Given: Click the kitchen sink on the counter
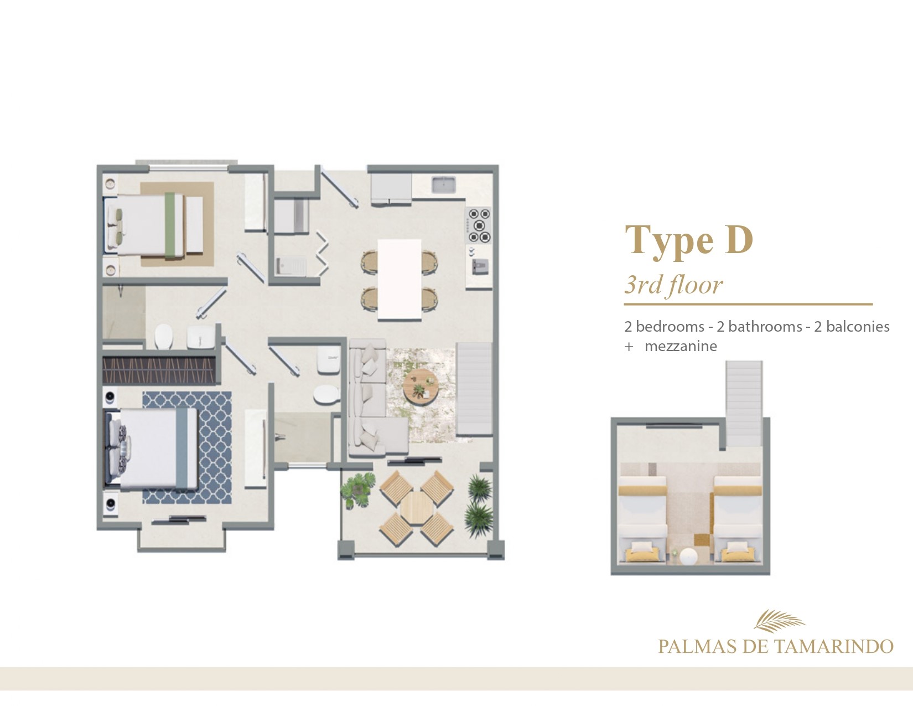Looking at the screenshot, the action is pyautogui.click(x=444, y=184).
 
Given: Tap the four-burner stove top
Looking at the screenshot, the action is pyautogui.click(x=479, y=226).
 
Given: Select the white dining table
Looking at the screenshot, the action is pyautogui.click(x=399, y=280).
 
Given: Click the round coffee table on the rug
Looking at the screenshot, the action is pyautogui.click(x=421, y=387).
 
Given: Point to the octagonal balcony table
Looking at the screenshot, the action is pyautogui.click(x=416, y=508).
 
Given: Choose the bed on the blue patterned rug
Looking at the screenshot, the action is pyautogui.click(x=151, y=448).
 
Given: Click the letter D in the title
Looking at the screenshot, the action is pyautogui.click(x=738, y=239).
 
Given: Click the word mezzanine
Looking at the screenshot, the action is pyautogui.click(x=681, y=347).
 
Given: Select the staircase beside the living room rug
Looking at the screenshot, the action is pyautogui.click(x=474, y=389).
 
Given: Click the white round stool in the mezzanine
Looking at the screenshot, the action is pyautogui.click(x=688, y=556).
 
